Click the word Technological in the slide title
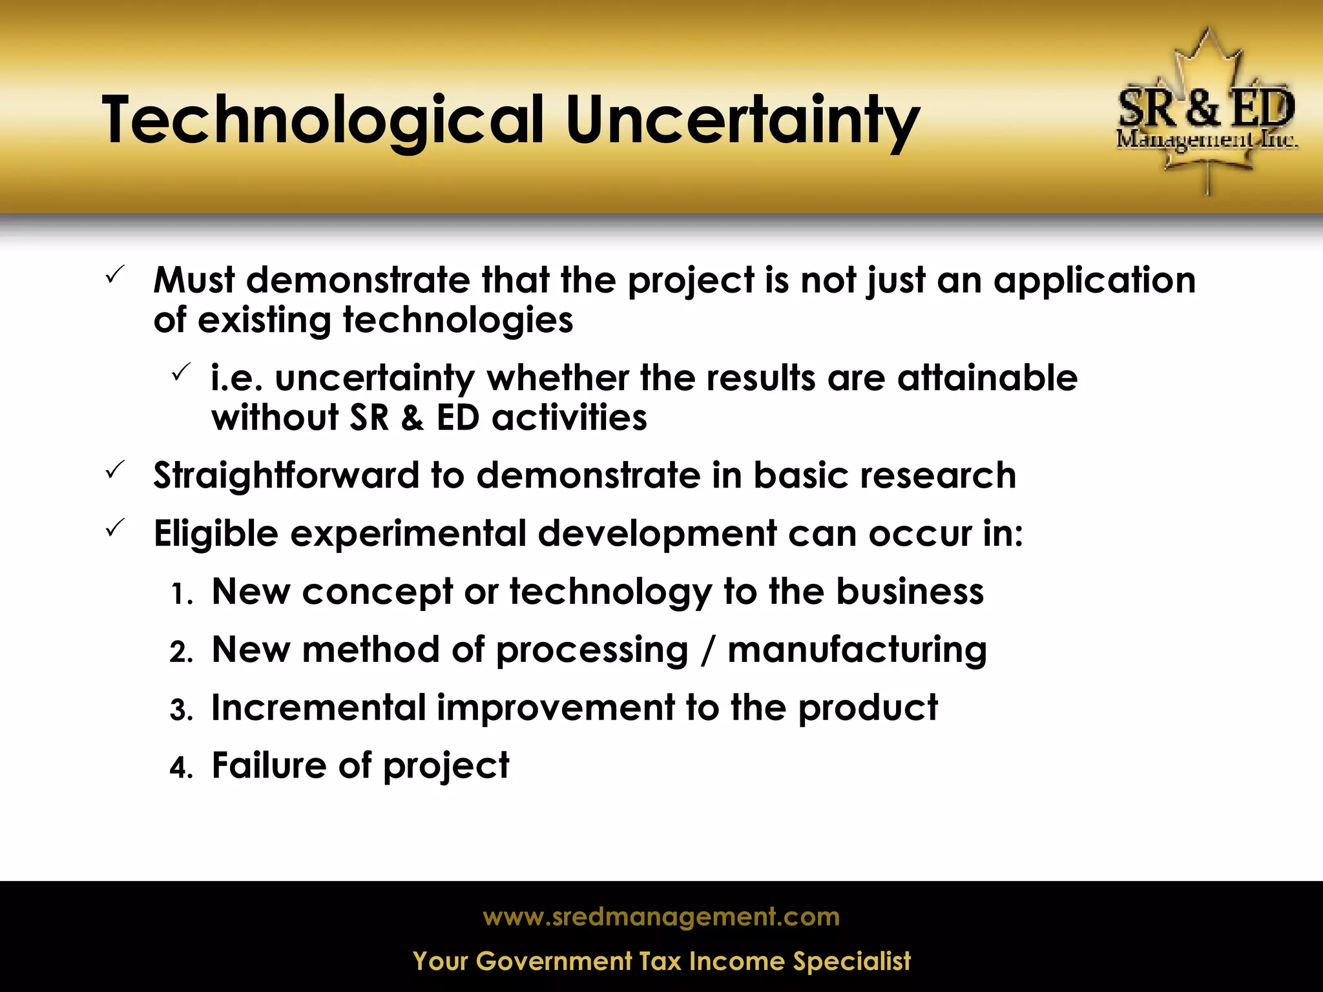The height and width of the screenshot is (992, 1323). pyautogui.click(x=323, y=121)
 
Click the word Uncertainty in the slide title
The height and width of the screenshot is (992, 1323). pyautogui.click(x=743, y=121)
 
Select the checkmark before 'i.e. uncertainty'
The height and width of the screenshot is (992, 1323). pyautogui.click(x=180, y=373)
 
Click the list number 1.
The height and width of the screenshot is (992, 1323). pyautogui.click(x=182, y=595)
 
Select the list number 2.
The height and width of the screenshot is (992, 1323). pyautogui.click(x=182, y=652)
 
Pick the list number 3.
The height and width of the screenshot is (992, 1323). pyautogui.click(x=182, y=710)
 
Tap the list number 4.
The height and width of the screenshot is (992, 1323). pyautogui.click(x=182, y=769)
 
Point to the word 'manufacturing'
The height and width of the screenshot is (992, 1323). pyautogui.click(x=857, y=650)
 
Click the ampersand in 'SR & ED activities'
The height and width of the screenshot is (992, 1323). pyautogui.click(x=413, y=418)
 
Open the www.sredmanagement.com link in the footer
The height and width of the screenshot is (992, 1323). pyautogui.click(x=661, y=917)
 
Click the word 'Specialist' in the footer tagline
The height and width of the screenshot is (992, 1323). pyautogui.click(x=852, y=962)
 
